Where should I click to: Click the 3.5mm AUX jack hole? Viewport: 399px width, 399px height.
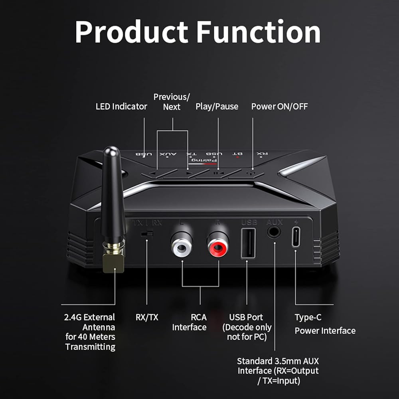pos(274,232)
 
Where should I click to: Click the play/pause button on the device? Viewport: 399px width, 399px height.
pos(216,173)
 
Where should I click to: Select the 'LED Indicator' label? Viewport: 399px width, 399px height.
pos(121,107)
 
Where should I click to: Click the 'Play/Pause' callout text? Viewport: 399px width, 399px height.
pos(217,107)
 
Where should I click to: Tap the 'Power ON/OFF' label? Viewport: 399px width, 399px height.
pos(279,107)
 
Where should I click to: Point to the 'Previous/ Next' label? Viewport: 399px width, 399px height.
pos(172,102)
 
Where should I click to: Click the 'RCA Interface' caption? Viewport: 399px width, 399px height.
pos(190,322)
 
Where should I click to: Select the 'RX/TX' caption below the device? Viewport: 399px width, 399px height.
pos(147,318)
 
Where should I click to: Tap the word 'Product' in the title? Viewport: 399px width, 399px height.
pos(131,32)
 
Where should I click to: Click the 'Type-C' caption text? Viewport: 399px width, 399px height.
pos(308,318)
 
